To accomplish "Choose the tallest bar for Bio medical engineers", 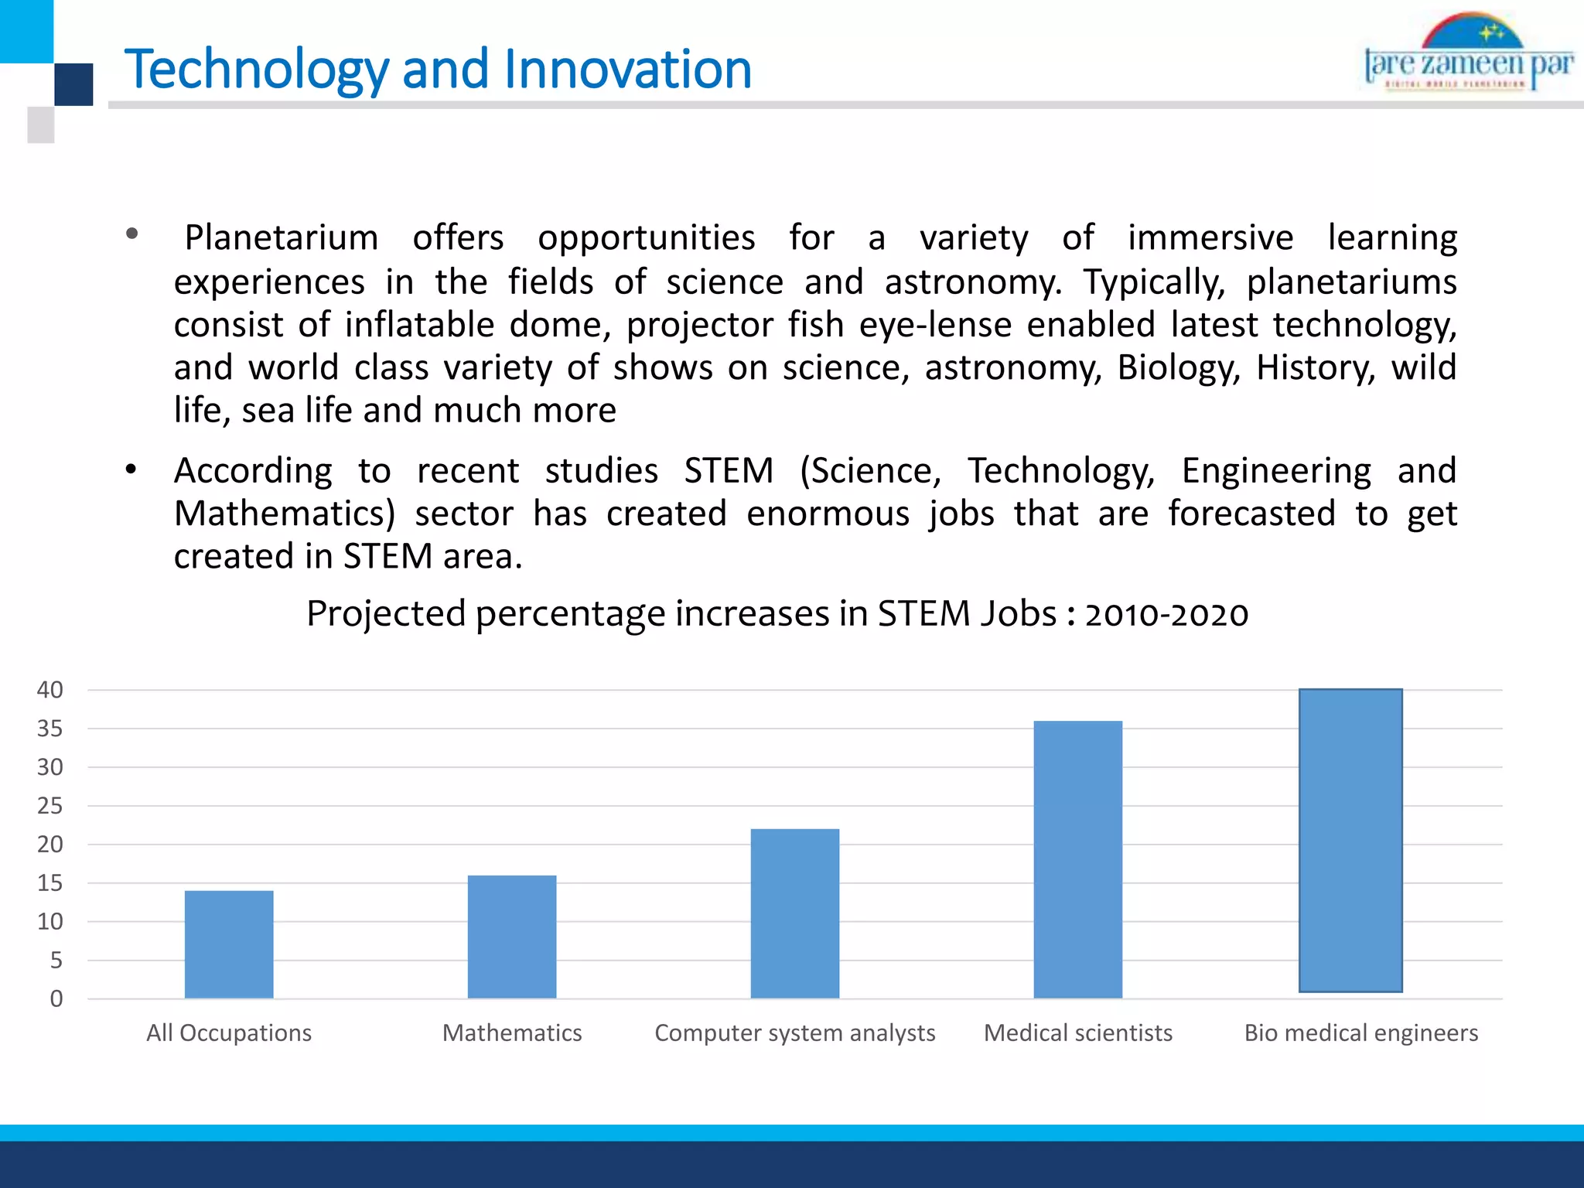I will [1350, 840].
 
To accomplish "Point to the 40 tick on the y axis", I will [50, 690].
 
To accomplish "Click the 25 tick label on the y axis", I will [50, 806].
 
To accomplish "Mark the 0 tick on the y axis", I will [56, 999].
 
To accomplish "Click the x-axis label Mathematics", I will [512, 1033].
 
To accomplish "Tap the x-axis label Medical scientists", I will [1077, 1033].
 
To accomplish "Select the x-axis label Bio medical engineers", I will [1360, 1033].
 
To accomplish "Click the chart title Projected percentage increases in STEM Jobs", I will [777, 613].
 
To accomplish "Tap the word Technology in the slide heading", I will [257, 69].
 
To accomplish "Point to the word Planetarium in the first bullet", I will [282, 237].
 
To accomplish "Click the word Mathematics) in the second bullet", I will [284, 514].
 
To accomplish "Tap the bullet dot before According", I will [131, 469].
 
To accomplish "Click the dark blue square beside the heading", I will [73, 84].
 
